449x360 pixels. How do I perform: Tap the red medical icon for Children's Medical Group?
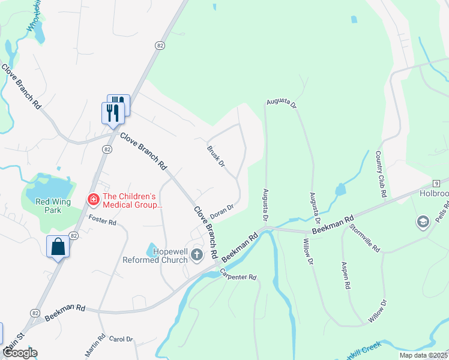(x=94, y=199)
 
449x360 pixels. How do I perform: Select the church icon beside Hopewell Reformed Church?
(x=196, y=256)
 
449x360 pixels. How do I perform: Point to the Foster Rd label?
(x=101, y=221)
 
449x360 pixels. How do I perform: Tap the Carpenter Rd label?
(x=238, y=275)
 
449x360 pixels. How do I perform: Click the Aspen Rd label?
(x=345, y=275)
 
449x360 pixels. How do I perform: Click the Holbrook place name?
(x=434, y=194)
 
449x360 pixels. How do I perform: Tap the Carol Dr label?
(x=121, y=339)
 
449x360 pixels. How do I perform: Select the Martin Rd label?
(x=91, y=347)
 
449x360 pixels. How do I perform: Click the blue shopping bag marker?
(x=58, y=247)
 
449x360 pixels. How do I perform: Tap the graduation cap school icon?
(x=422, y=223)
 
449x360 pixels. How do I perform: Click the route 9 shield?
(x=436, y=182)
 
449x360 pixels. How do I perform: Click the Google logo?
(x=20, y=353)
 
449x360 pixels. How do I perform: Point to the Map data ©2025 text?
(x=423, y=355)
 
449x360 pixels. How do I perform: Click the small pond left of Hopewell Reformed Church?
(x=152, y=249)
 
